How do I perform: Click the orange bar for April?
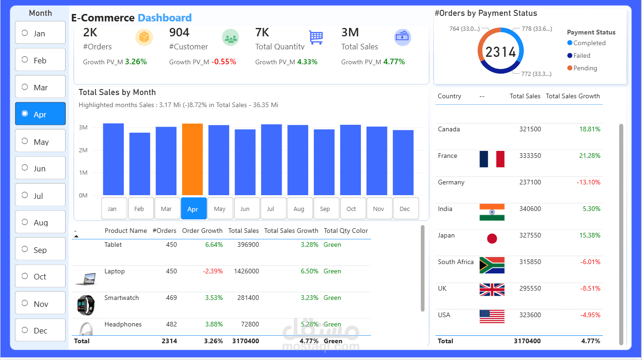point(192,159)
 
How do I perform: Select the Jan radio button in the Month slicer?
point(25,33)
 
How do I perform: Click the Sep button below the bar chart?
point(325,209)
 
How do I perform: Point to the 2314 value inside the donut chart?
point(500,52)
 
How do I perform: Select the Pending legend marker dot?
point(570,68)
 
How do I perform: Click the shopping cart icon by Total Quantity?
point(316,37)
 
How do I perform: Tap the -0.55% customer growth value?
point(223,62)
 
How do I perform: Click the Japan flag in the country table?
point(492,238)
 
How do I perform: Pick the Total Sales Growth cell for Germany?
point(588,182)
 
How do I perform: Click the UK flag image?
point(492,290)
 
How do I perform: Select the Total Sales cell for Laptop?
point(246,271)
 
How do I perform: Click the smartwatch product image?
point(86,305)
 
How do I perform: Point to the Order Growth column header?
point(202,231)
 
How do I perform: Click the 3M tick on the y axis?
point(83,127)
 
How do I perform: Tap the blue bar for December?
point(403,163)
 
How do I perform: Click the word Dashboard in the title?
point(164,18)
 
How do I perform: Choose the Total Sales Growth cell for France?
point(589,156)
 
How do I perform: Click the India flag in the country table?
point(492,212)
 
